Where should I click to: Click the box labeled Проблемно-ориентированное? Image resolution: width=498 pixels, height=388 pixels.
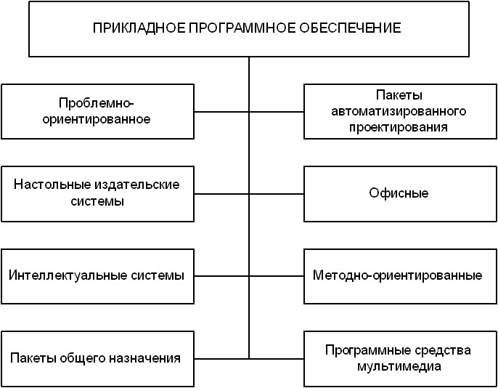tap(97, 111)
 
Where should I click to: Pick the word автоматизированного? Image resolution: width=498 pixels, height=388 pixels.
tap(399, 111)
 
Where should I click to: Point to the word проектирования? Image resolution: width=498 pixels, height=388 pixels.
tap(399, 126)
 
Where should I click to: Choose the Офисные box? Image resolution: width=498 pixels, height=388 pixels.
tap(399, 193)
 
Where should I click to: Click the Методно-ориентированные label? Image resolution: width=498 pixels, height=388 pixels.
tap(398, 276)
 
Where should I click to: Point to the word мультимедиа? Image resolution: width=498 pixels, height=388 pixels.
tap(399, 366)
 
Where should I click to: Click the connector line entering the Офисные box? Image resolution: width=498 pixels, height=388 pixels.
tap(276, 194)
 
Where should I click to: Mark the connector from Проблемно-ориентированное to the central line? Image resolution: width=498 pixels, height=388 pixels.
tap(221, 112)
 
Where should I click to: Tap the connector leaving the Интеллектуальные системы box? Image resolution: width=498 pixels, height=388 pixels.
tap(221, 277)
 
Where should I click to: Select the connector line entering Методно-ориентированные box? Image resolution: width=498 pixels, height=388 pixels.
tap(276, 277)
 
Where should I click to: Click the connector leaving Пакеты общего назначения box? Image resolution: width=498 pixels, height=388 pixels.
tap(221, 359)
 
